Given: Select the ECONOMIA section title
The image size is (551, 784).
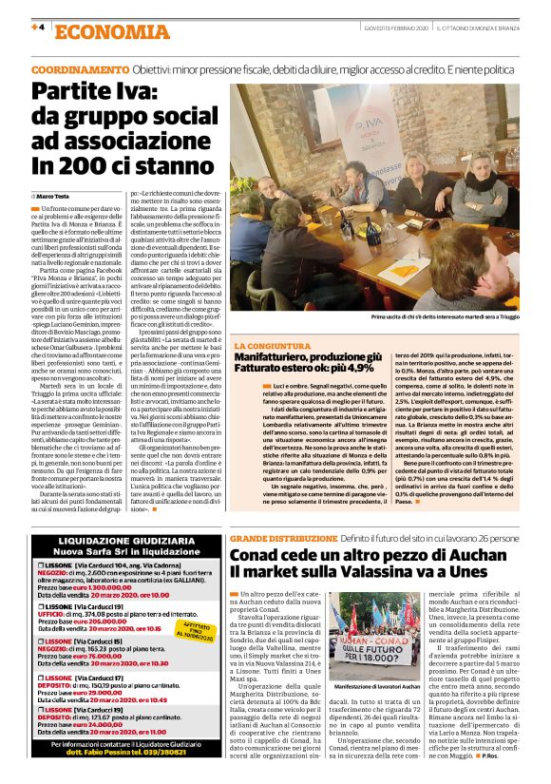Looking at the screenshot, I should point(96,30).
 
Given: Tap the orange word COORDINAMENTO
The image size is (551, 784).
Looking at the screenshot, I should point(79,71).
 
